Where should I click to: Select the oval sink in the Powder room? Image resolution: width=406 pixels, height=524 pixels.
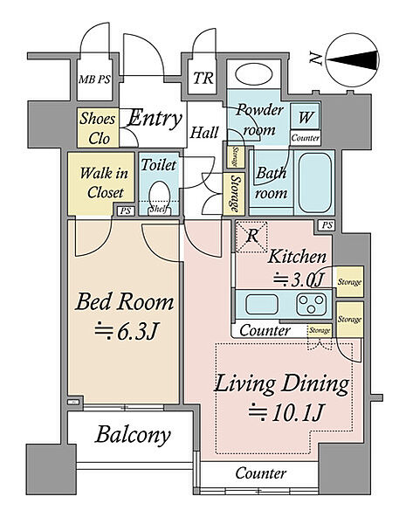coord(253,75)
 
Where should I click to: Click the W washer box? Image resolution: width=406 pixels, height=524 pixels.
coord(305,116)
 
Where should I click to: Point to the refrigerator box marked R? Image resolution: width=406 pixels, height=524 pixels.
coord(251,237)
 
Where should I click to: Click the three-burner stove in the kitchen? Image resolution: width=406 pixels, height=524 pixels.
coord(312,304)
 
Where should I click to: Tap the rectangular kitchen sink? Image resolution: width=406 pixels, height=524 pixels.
coord(262,304)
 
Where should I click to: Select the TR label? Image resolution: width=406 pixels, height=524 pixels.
coord(203,79)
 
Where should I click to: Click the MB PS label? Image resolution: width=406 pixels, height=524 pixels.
coord(94,79)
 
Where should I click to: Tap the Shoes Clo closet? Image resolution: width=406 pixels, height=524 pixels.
coord(98,128)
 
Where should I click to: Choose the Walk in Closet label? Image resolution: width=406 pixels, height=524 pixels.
coord(104,183)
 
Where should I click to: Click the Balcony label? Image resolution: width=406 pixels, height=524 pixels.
coord(133,435)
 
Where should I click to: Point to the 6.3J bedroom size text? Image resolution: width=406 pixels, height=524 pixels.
coord(126,330)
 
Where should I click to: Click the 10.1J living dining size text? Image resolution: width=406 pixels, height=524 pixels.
coord(286,413)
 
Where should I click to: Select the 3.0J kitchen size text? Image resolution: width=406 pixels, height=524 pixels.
coord(299,279)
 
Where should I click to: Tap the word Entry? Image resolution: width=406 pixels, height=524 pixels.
coord(155,118)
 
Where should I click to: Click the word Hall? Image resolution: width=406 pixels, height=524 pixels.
coord(204,133)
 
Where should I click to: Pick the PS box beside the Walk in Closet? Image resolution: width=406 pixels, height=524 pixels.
coord(126,211)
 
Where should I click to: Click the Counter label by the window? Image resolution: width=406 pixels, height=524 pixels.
coord(261,473)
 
